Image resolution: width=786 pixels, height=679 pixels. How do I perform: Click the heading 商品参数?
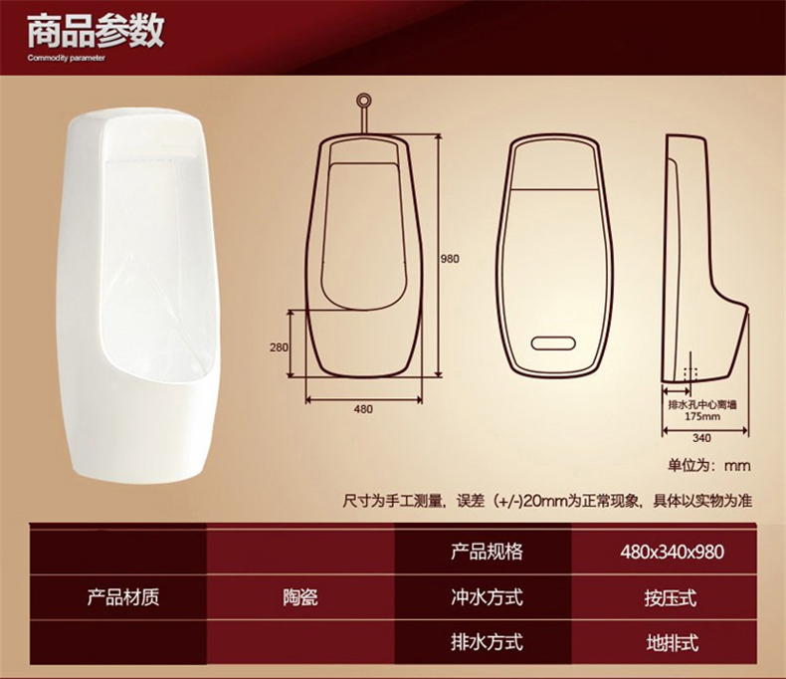[x=96, y=31]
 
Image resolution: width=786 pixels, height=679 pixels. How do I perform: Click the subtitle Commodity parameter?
[x=67, y=58]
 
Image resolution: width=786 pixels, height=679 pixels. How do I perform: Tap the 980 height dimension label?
[x=450, y=259]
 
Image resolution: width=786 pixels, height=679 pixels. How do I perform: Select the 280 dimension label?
[x=279, y=347]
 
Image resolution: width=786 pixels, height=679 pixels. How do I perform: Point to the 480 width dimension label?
[x=363, y=409]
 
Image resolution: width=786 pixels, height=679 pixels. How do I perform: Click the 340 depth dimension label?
[x=701, y=438]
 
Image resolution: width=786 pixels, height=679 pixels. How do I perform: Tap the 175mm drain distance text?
[x=702, y=416]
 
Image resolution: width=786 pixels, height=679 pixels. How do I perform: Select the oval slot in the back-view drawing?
[x=553, y=343]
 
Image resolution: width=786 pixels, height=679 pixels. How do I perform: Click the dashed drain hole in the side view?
[x=690, y=373]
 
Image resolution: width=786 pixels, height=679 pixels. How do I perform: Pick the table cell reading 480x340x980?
[x=672, y=552]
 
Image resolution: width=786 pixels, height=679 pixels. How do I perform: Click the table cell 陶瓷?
[x=299, y=597]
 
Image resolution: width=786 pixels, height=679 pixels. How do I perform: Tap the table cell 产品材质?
[x=123, y=596]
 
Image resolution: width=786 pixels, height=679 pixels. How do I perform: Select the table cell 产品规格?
[x=487, y=552]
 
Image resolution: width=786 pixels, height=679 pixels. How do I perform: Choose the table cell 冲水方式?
[x=487, y=597]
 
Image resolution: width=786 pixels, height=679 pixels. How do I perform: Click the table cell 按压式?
[x=672, y=597]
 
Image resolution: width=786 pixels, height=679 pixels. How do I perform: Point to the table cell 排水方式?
[x=487, y=642]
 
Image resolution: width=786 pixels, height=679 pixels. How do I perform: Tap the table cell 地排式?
[x=672, y=643]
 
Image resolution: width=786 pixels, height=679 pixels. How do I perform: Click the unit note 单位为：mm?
[x=709, y=465]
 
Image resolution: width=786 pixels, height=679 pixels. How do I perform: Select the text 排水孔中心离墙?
[x=702, y=404]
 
